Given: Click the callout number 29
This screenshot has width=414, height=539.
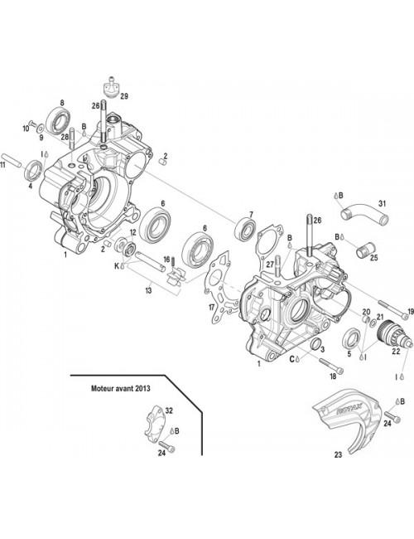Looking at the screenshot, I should pos(124,97).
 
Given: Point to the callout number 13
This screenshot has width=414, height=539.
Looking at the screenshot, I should pos(148,291).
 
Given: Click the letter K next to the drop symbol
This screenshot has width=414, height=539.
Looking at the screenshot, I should pos(117,265).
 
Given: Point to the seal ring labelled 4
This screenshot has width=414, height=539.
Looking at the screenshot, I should pos(34,172).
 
